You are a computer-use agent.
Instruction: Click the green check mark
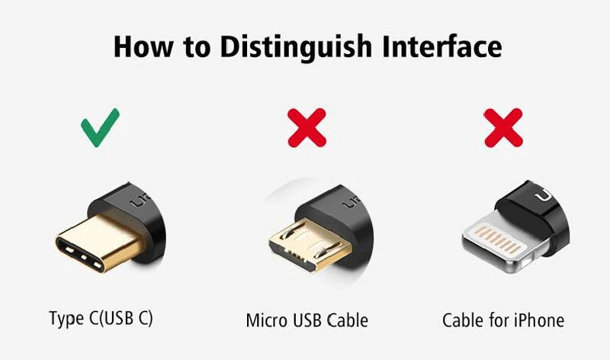click(x=101, y=127)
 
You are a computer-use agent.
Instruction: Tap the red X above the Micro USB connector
click(x=307, y=127)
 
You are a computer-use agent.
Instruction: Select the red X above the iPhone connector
click(x=503, y=127)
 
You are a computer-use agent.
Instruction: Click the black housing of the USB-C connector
click(x=137, y=210)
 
